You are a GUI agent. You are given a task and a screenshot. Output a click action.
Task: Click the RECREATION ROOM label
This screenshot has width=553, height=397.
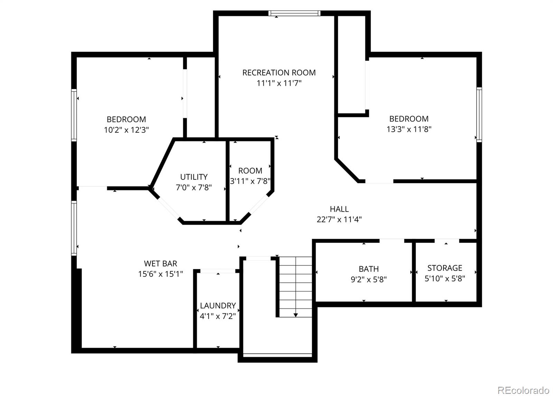pos(279,73)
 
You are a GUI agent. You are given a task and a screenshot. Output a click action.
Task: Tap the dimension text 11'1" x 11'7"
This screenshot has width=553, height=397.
pos(279,83)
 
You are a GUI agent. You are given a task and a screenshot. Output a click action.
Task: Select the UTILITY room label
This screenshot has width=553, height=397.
pos(194,177)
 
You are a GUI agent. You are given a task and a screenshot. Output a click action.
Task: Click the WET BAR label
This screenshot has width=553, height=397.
pos(160,263)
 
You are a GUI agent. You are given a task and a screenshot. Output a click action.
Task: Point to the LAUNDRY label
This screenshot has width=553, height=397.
pos(218,306)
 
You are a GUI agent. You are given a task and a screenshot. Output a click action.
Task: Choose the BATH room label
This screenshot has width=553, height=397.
pos(368,269)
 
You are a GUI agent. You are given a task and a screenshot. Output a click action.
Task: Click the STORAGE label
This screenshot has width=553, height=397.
pos(444,268)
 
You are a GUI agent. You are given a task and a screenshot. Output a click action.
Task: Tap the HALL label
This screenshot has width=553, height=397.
pos(339,209)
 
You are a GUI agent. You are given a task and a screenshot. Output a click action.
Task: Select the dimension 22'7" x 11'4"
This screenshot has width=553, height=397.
pos(339,219)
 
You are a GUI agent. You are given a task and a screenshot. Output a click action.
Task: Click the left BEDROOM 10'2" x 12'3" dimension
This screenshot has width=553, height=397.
pos(126,130)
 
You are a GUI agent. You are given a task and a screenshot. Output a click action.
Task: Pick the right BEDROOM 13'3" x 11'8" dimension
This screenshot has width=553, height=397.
pos(409,129)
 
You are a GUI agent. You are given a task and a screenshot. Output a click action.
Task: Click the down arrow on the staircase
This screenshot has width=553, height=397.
pos(296,314)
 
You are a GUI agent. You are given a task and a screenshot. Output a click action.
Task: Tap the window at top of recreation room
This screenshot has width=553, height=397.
pos(294,13)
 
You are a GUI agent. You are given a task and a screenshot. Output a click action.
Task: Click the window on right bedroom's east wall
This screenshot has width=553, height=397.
pos(479,115)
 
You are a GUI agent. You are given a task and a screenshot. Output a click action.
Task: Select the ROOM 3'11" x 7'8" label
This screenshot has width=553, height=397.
pos(250,171)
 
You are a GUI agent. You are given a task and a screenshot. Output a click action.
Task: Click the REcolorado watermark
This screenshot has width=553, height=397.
pos(523,390)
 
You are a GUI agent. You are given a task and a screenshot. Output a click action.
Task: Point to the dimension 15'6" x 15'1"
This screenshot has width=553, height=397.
pos(160,274)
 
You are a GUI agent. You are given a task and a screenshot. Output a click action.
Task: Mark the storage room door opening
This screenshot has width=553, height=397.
pos(447,240)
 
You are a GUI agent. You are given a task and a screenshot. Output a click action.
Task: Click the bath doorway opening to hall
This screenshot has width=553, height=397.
pos(392,240)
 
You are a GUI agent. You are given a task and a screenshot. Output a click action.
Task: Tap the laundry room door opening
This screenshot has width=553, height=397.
pos(218,271)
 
